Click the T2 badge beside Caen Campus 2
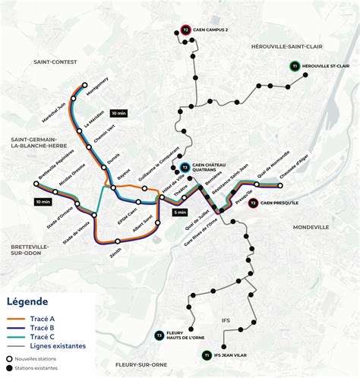[186, 30]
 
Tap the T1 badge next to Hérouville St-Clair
[293, 68]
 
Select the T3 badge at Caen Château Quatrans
[185, 168]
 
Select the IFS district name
[226, 320]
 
